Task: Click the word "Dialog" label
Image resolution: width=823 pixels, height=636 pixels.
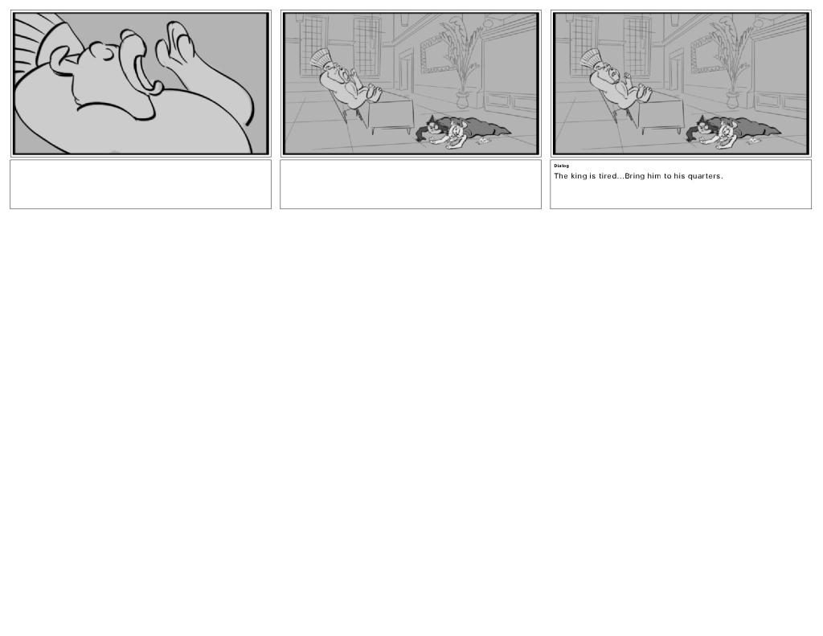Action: click(561, 166)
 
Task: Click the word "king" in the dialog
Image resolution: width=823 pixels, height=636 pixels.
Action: click(579, 176)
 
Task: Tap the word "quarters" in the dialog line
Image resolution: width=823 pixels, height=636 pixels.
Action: click(704, 176)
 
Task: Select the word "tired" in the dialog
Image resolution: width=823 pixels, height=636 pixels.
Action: click(607, 176)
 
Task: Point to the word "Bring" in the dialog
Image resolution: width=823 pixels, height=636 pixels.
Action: click(634, 176)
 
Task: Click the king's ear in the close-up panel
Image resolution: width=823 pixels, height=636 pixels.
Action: click(59, 59)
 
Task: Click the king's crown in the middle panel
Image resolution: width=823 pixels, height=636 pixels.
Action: click(320, 58)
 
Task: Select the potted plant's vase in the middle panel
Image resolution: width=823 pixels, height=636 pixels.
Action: click(463, 99)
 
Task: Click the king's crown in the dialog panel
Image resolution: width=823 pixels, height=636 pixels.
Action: click(590, 58)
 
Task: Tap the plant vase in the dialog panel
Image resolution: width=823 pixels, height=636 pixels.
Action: click(733, 99)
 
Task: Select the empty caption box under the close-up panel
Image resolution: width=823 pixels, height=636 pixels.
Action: click(141, 184)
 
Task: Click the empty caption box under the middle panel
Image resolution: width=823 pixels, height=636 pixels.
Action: click(411, 184)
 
